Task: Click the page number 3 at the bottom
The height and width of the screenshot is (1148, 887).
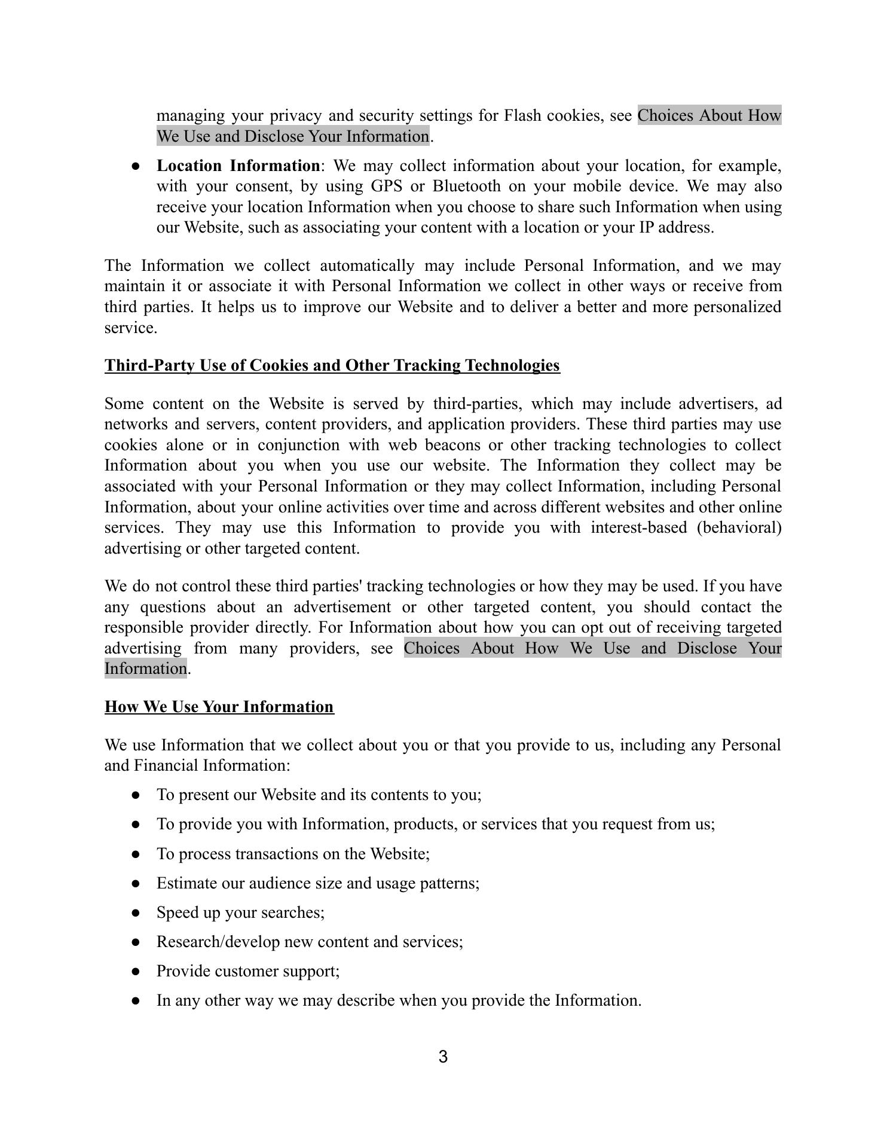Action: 443,1057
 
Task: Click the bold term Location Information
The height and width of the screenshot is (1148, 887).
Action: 238,166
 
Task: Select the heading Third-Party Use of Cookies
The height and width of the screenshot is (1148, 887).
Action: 332,365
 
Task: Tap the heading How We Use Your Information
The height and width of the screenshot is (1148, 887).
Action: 219,707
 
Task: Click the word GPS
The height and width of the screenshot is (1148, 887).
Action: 386,187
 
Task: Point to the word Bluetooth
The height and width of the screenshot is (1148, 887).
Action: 466,187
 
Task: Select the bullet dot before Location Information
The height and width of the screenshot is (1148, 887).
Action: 136,166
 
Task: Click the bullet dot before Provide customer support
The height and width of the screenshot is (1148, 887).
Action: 136,972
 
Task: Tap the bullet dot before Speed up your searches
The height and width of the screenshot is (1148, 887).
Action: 136,913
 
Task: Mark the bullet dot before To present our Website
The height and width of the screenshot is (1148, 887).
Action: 136,795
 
